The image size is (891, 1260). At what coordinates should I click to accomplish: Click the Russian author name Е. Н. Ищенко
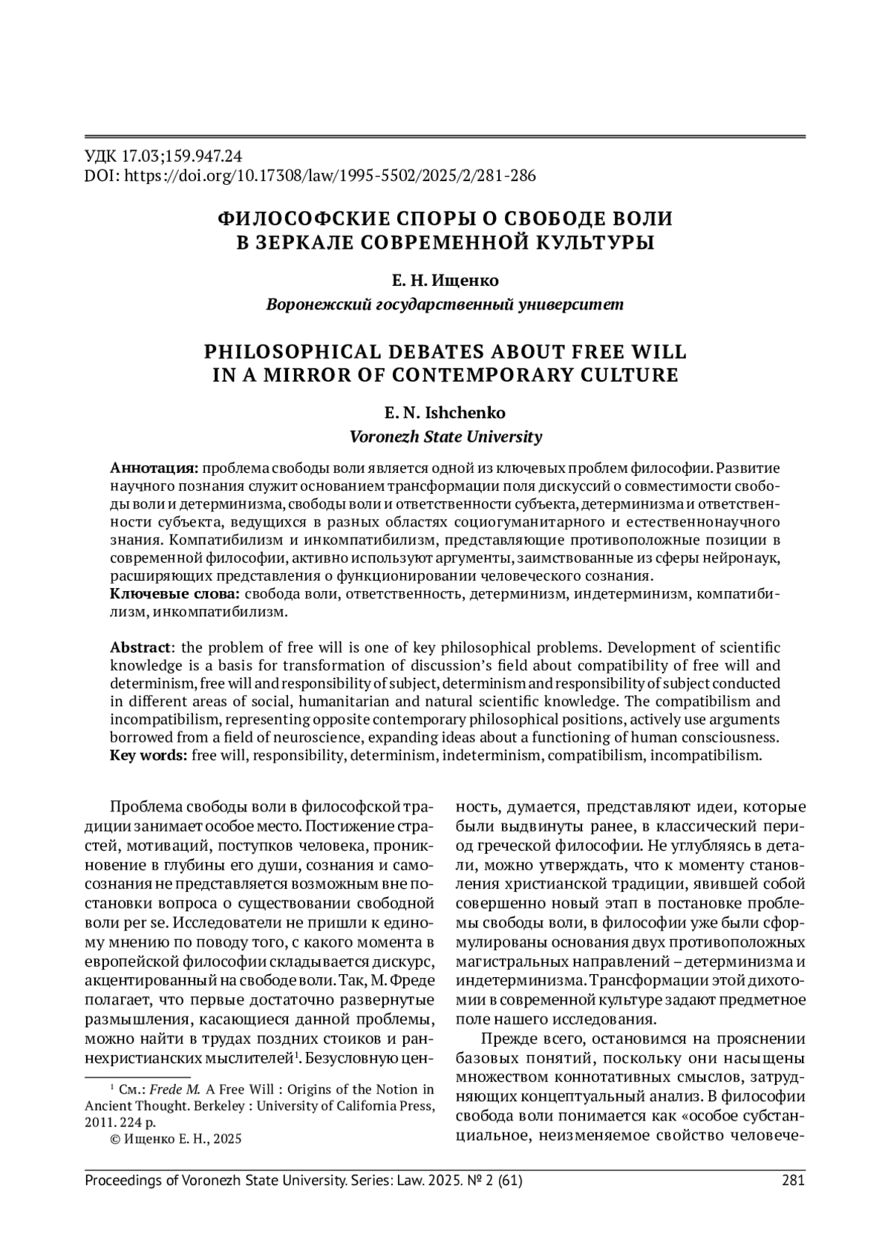[445, 281]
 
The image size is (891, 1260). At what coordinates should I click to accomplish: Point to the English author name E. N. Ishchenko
[445, 413]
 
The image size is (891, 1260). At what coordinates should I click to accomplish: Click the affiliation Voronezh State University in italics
[446, 437]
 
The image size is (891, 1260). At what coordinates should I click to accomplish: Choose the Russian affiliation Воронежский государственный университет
[445, 304]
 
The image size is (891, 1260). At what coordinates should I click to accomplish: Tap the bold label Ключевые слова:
[175, 594]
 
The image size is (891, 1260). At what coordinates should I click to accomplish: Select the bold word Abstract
[140, 647]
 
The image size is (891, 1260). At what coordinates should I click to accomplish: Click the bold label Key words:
[148, 756]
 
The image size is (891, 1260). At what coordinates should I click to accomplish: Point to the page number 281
[794, 1181]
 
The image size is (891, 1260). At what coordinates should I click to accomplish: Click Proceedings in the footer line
[123, 1181]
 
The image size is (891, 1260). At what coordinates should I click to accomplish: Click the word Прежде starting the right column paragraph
[508, 1038]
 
